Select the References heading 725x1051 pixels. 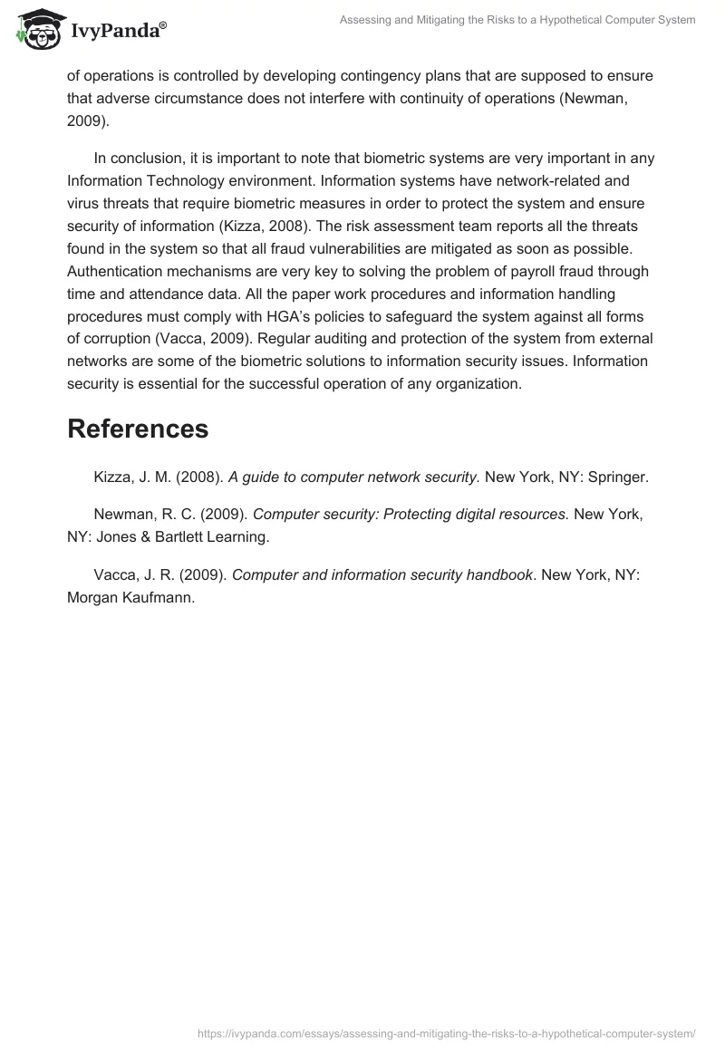coord(138,429)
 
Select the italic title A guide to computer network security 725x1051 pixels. coord(353,477)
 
